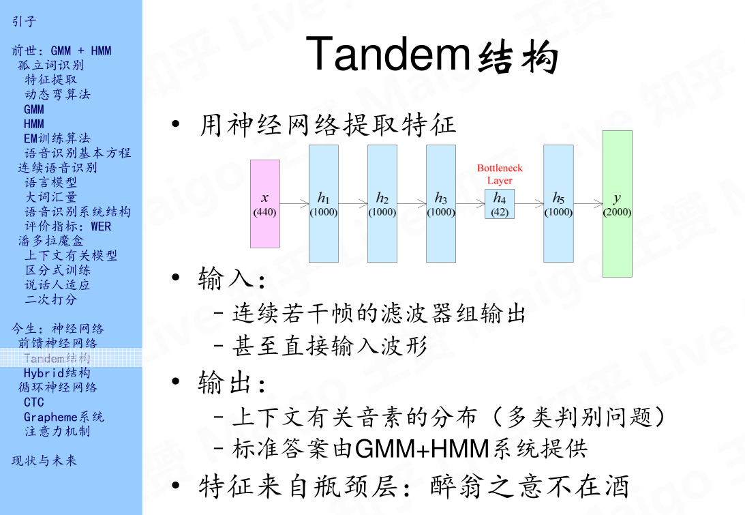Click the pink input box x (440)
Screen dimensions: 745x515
pos(265,203)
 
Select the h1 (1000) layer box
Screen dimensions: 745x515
pos(323,203)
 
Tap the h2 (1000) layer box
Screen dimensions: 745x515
pos(382,203)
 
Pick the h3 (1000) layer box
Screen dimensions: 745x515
pos(440,203)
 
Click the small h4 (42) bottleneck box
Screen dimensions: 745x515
pos(500,204)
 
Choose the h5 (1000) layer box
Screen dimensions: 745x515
pos(558,203)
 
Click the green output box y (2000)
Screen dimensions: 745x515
pos(617,203)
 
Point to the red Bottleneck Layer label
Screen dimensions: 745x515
pos(500,174)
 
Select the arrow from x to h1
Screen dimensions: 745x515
pos(294,203)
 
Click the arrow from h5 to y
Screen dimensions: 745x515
pos(588,203)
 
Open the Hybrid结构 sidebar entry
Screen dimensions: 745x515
pos(57,372)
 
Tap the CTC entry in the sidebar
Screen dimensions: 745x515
pos(33,402)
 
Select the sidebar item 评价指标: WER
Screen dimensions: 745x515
pos(67,226)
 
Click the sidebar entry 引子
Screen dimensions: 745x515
pos(24,21)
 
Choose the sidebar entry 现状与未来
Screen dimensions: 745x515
pos(44,460)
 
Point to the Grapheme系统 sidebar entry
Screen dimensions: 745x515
pos(64,417)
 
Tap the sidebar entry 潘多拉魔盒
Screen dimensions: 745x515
pos(51,241)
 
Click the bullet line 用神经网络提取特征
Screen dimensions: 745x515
pos(327,126)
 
